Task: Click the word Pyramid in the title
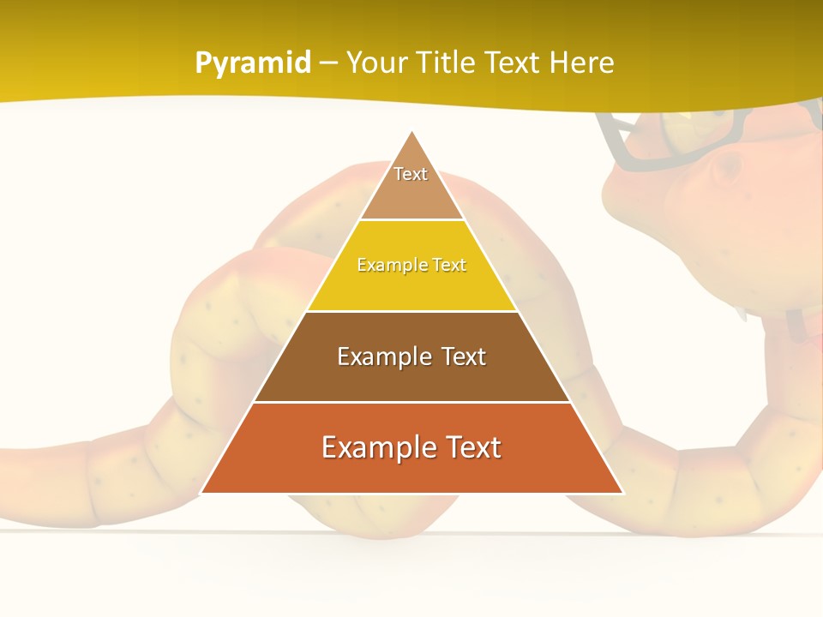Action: click(252, 63)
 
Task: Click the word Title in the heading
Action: click(444, 63)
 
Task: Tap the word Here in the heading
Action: click(580, 63)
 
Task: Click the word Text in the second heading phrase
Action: click(513, 63)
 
